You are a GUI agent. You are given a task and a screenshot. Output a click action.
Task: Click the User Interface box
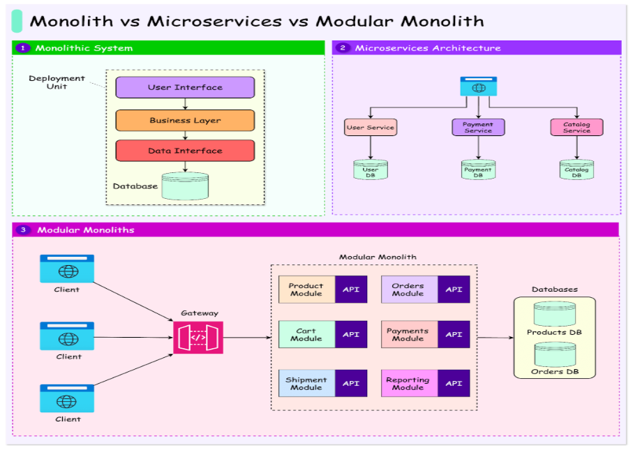point(185,87)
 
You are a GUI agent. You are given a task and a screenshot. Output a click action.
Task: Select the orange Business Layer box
point(185,120)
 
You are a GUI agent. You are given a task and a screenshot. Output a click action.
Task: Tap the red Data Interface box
point(185,151)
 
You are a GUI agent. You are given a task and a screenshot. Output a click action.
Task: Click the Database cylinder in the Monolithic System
point(185,186)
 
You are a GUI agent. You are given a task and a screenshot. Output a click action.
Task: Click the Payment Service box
point(478,127)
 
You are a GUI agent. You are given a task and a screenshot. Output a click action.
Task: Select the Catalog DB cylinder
point(576,170)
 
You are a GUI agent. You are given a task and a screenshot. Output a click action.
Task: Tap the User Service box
point(371,127)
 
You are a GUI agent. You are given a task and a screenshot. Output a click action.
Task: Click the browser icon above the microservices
point(478,87)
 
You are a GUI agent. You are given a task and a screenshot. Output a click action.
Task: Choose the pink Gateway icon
point(198,337)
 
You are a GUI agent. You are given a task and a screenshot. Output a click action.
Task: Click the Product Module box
point(306,290)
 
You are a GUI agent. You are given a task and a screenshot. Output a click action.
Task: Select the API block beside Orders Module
point(454,290)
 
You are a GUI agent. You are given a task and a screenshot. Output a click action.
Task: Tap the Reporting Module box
point(408,384)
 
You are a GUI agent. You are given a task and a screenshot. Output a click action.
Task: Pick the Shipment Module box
point(306,384)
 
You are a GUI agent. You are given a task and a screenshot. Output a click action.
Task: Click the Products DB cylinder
point(554,315)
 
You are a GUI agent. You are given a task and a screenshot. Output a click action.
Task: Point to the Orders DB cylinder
point(554,354)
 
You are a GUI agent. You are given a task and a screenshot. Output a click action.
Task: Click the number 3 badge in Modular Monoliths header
point(24,230)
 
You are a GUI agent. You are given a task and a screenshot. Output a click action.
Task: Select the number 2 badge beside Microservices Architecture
point(342,48)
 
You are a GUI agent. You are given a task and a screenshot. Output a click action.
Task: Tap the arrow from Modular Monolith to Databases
point(496,338)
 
